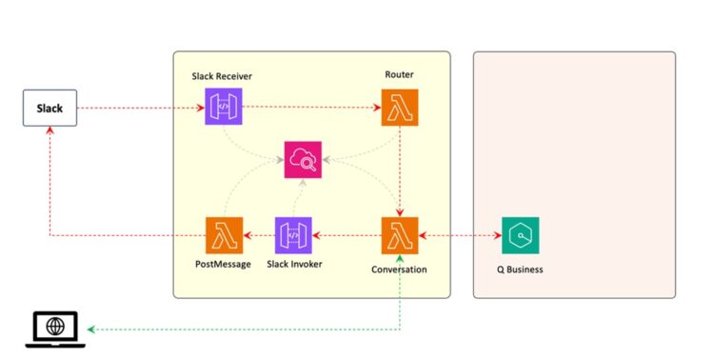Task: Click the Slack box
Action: [50, 109]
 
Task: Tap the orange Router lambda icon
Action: [399, 108]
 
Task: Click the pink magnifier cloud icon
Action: [303, 159]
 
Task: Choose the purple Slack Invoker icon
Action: [294, 235]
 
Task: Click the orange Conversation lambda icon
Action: [399, 235]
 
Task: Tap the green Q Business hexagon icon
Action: [520, 235]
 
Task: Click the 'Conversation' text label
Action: [399, 270]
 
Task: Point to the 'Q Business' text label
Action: [520, 270]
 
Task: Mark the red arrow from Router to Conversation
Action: [399, 171]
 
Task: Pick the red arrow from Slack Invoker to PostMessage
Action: [259, 235]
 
